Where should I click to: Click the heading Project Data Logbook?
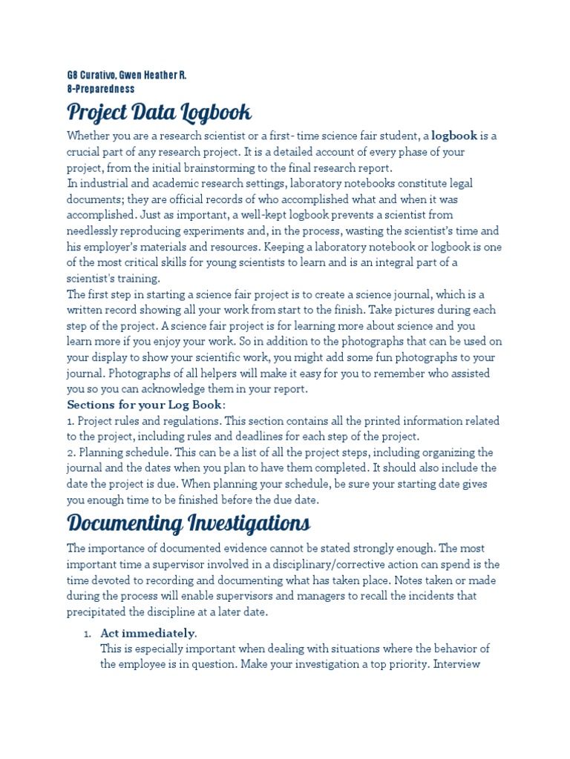[159, 113]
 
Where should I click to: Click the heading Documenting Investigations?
[189, 523]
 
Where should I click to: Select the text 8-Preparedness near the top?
[101, 89]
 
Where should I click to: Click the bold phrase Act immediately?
[148, 633]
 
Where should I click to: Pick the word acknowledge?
[180, 389]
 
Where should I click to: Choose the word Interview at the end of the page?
[459, 665]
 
